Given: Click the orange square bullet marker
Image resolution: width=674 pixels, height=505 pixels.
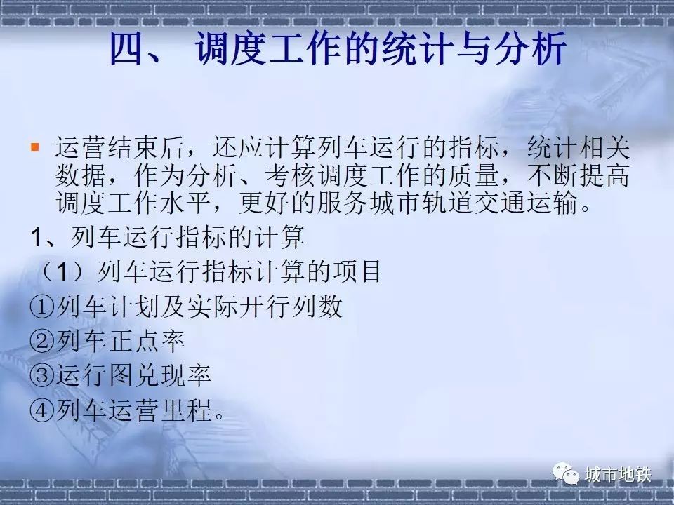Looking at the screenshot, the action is click(x=35, y=147).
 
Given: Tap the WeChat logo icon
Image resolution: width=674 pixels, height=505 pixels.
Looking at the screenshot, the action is click(x=566, y=473).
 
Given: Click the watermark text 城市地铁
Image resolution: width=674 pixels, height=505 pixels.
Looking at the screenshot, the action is click(x=618, y=475).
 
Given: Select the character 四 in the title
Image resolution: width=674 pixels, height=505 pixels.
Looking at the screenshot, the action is click(x=128, y=48).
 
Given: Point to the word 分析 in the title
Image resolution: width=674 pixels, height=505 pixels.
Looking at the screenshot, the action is click(x=530, y=48).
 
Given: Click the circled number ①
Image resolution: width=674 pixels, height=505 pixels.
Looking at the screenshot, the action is click(x=42, y=307).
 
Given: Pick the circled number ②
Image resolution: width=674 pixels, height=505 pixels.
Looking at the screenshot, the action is click(x=42, y=341).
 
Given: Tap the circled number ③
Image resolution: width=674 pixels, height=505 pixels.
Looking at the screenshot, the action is click(x=42, y=375).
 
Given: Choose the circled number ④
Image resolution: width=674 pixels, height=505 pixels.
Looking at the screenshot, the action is click(x=42, y=410).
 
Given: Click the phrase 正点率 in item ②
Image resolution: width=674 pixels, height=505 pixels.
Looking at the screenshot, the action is click(x=146, y=341).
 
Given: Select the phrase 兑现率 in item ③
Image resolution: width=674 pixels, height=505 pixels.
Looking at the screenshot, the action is click(x=173, y=375).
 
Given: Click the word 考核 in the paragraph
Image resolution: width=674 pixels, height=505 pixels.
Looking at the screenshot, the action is click(x=290, y=175).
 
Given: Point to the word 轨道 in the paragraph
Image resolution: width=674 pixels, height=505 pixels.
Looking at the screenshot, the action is click(x=447, y=202).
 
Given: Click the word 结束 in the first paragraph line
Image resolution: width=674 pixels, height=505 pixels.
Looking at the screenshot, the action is click(x=133, y=147).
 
